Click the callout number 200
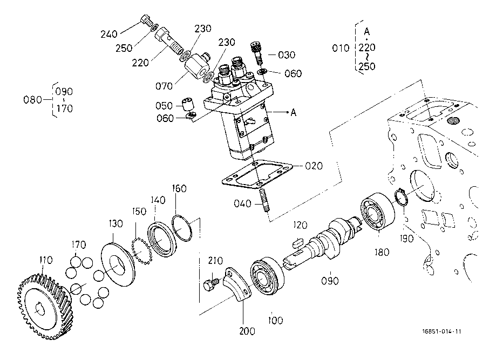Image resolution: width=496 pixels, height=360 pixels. (247, 331)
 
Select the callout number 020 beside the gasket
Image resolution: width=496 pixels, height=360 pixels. (314, 166)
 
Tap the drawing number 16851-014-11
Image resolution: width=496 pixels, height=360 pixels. (442, 331)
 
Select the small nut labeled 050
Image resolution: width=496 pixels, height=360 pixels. (188, 104)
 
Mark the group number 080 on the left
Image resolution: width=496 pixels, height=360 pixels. (32, 100)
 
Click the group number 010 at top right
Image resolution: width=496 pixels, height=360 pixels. (341, 48)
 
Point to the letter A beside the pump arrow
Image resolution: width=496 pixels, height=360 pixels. (294, 112)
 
